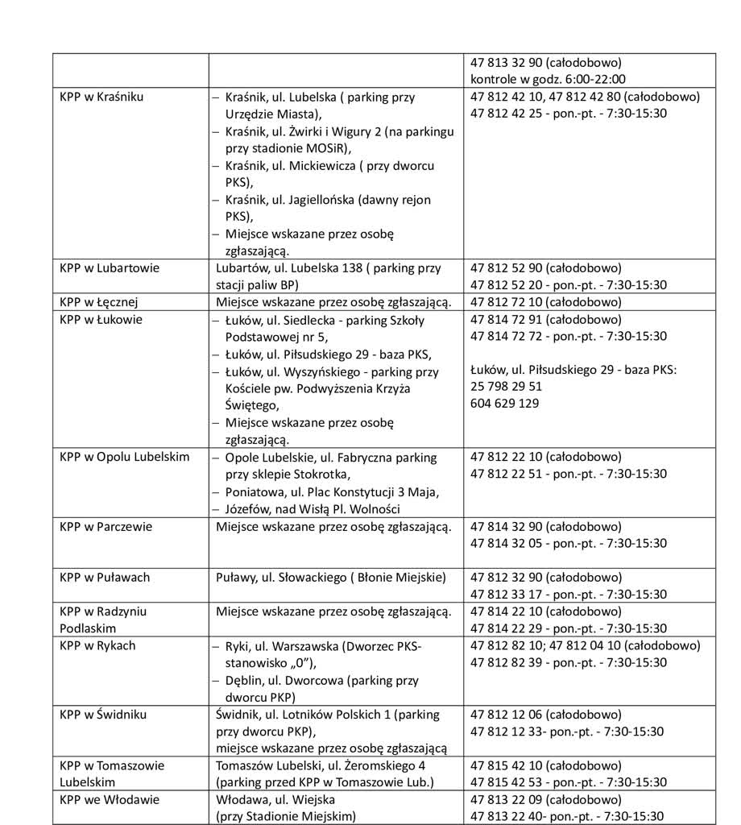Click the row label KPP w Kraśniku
pos(101,97)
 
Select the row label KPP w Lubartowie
pos(109,268)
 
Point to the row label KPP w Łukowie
pos(101,319)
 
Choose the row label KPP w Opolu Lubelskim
pos(124,457)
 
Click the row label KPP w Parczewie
pos(106,527)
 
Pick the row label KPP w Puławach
pos(105,578)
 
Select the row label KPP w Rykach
pos(97,645)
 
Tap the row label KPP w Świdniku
pos(103,715)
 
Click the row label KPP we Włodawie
pos(109,800)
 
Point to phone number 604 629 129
pos(504,403)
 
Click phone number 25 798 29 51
pos(506,386)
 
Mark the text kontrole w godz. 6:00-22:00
pos(548,79)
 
